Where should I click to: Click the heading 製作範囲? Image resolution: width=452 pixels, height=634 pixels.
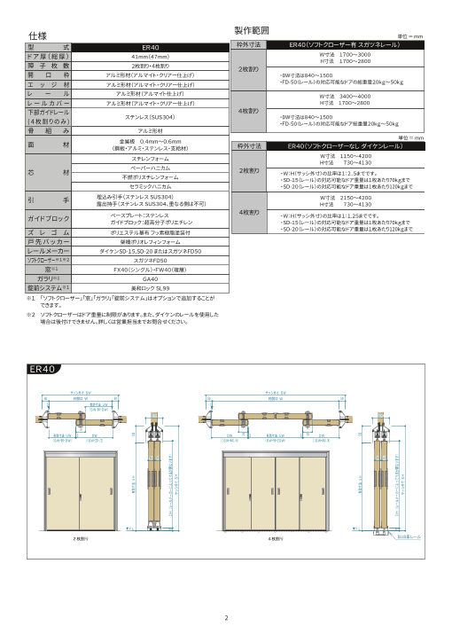point(251,30)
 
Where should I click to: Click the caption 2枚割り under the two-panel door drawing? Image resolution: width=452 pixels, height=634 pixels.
point(82,537)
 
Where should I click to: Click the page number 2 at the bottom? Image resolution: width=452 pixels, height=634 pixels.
point(226,618)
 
